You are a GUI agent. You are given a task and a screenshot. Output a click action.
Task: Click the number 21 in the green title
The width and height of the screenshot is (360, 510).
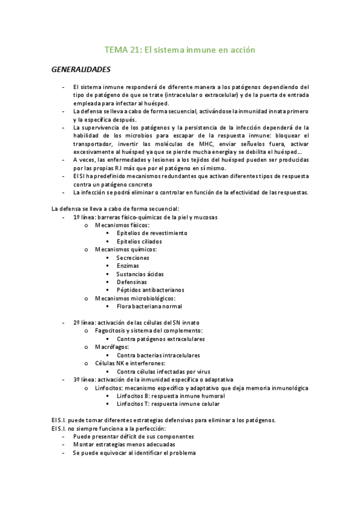135,51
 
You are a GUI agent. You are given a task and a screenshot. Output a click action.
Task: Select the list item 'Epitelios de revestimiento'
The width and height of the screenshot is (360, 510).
152,233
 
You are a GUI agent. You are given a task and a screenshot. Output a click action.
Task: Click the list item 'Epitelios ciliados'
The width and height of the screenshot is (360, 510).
139,241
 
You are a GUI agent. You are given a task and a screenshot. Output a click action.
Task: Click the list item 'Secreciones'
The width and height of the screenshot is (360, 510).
133,257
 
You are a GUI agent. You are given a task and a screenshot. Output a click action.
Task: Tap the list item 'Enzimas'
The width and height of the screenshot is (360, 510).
128,265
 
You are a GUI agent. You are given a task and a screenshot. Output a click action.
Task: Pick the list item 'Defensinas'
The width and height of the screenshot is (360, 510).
132,281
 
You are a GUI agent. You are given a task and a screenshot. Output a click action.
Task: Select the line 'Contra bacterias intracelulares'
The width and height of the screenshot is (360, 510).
157,355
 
